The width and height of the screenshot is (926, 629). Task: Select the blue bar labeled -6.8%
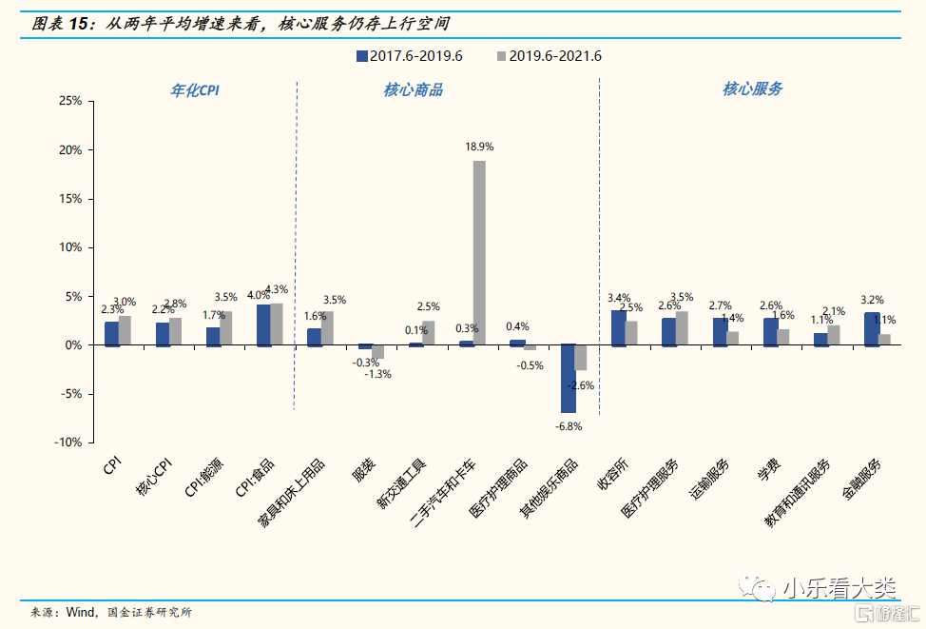pos(568,378)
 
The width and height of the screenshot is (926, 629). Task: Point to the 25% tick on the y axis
pos(70,101)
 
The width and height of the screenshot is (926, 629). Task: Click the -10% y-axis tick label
pos(68,442)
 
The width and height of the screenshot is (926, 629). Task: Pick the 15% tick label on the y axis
pos(70,199)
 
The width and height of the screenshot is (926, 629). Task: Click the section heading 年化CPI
pos(194,89)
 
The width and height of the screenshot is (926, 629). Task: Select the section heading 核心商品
pos(413,90)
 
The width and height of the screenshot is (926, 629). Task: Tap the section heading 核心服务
pos(752,89)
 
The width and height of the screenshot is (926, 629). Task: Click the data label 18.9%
pos(479,147)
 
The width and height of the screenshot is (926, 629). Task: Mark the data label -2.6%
pos(580,385)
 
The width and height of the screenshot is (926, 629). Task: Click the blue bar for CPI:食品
pos(263,324)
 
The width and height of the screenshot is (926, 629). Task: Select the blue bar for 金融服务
pos(871,328)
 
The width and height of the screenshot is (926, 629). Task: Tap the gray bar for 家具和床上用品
pos(327,327)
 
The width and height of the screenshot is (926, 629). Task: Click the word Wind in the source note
pos(80,613)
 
